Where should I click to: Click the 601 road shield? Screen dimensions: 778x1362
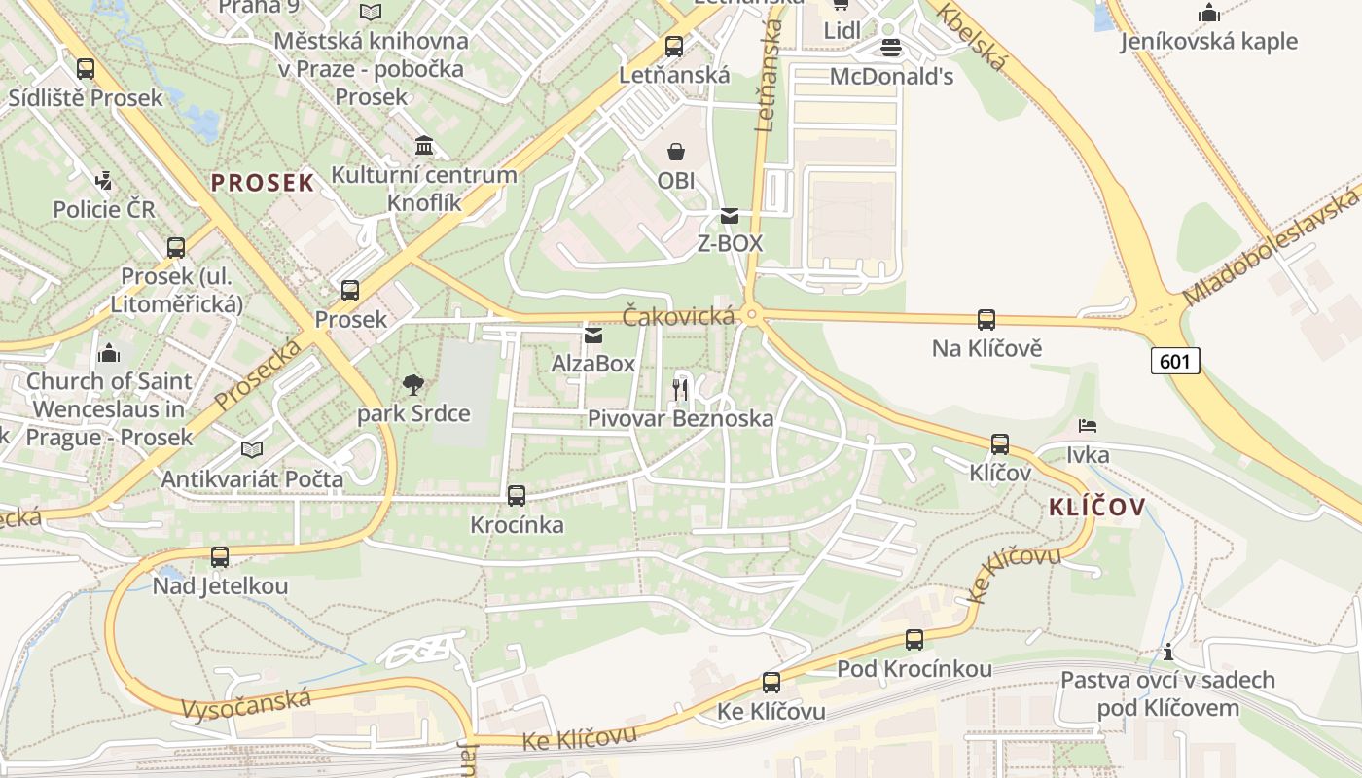tap(1175, 361)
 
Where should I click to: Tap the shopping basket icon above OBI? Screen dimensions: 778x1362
tap(676, 152)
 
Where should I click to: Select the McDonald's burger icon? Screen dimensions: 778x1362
tap(890, 47)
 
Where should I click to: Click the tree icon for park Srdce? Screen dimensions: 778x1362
tap(413, 385)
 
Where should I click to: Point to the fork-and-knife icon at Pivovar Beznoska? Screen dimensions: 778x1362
tap(680, 390)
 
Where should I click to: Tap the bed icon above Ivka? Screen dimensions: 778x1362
tap(1088, 426)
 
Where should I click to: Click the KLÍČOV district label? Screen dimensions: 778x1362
tap(1096, 507)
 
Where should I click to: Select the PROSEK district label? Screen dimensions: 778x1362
tap(263, 183)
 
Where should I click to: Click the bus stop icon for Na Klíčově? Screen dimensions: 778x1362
tap(986, 319)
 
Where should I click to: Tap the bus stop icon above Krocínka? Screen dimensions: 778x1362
tap(517, 495)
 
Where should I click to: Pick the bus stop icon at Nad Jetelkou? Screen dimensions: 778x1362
tap(220, 557)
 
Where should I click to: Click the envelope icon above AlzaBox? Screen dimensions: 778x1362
tap(593, 336)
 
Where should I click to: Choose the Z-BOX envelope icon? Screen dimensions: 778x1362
tap(730, 215)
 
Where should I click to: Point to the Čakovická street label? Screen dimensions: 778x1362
tap(678, 315)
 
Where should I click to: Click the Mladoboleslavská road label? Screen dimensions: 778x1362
tap(1271, 248)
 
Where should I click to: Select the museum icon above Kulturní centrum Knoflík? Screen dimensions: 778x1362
tap(424, 146)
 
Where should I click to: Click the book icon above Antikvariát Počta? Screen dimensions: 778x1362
tap(252, 449)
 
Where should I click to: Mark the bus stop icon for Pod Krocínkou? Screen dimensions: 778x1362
tap(914, 639)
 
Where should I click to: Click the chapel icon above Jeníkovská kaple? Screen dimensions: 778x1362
tap(1209, 13)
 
